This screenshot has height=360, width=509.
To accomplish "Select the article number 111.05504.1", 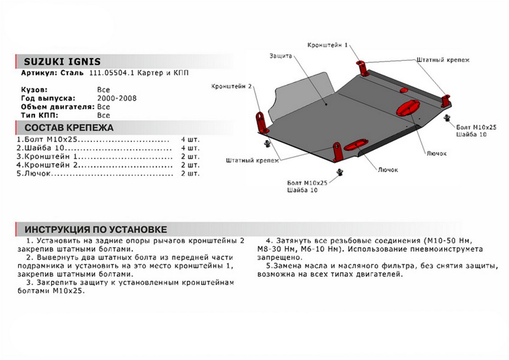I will pos(112,73).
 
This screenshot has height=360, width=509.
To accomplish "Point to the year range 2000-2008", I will pos(117,98).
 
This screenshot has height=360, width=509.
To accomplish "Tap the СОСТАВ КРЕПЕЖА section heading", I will pos(69,128).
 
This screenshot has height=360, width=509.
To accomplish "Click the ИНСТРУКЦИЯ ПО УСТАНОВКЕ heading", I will pos(96,230).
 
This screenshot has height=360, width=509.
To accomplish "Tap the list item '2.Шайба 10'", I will pos(40,148).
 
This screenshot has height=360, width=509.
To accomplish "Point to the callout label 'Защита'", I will pos(280,56).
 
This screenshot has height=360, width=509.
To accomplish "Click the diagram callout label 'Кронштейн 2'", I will pos(232,87).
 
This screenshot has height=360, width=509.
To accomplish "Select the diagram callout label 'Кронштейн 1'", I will pos(328,45).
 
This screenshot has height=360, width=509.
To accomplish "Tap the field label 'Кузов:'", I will pos(34,90).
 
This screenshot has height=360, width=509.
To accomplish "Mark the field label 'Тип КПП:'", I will pos(38,115).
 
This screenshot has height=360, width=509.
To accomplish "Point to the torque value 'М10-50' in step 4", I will pos(453,241).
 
